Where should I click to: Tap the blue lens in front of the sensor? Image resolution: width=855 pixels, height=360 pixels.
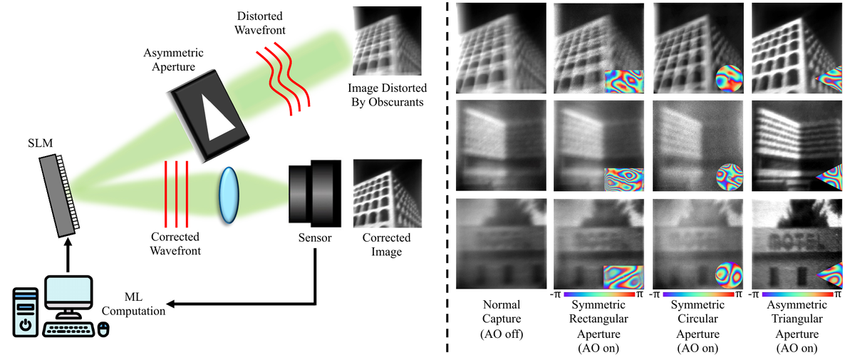229,195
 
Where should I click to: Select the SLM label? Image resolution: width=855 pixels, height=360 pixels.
40,143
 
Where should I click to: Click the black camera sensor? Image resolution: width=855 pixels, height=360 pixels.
314,194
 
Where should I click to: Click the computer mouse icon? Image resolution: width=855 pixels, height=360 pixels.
103,329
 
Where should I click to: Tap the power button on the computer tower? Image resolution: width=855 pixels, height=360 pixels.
26,325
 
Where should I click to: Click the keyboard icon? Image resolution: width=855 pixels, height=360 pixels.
68,330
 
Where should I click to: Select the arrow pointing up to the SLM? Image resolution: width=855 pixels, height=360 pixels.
68,255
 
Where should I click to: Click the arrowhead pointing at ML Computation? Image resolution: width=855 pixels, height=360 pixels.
170,304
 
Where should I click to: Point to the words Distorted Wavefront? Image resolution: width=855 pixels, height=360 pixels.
260,23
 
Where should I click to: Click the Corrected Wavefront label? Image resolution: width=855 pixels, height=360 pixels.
175,244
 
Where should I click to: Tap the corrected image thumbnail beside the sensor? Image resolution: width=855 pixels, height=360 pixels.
388,194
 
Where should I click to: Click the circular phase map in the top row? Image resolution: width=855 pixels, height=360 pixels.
729,78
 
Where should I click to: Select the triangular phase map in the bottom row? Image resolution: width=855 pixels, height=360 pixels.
830,275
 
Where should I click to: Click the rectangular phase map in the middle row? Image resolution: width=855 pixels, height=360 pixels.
623,180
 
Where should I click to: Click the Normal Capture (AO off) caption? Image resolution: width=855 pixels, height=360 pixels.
502,319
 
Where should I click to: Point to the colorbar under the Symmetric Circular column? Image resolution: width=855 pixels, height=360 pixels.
698,294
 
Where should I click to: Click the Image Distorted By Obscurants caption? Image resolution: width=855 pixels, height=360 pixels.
387,95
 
